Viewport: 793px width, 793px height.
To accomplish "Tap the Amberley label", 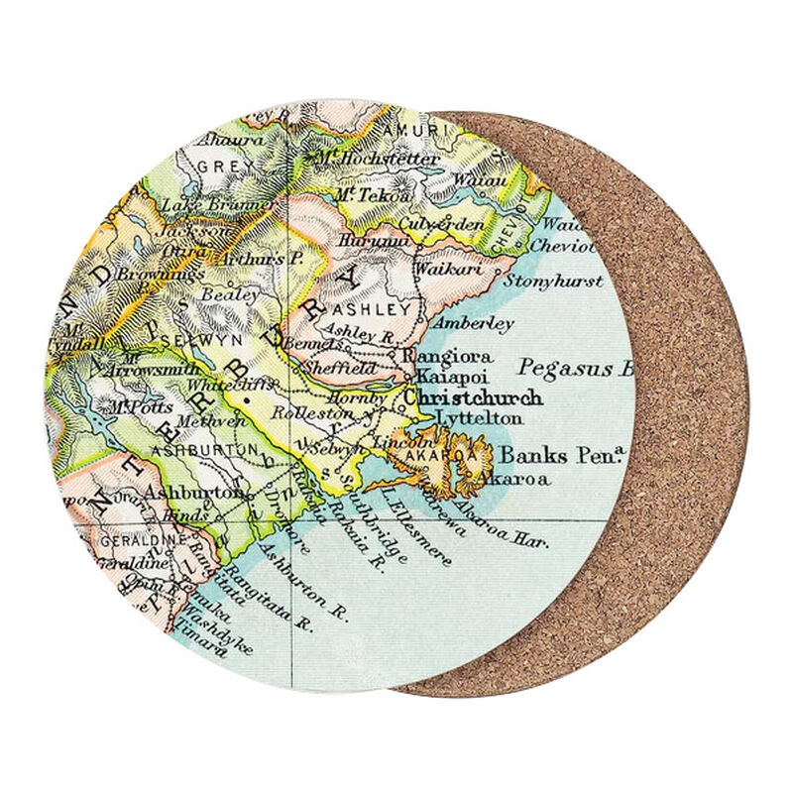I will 473,324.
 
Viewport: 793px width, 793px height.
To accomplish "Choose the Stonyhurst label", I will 553,282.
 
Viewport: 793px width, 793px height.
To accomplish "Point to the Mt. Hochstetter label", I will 364,159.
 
